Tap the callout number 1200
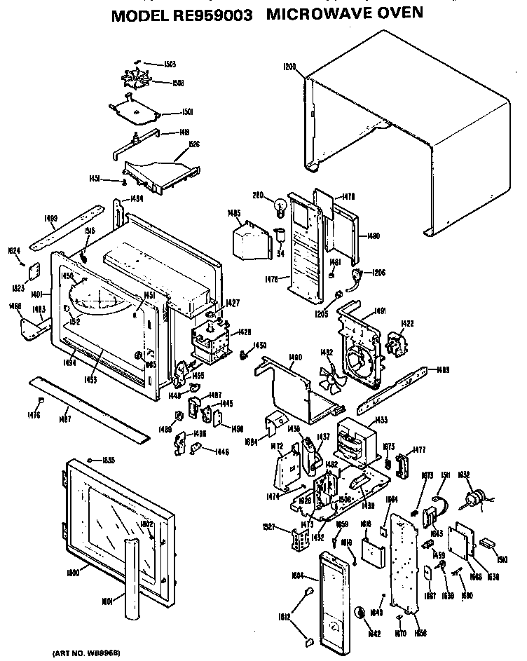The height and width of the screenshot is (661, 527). coord(289,67)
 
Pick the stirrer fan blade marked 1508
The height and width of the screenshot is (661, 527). coord(143,83)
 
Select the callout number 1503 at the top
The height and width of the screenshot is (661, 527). coord(170,64)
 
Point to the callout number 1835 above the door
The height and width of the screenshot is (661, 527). coord(109,460)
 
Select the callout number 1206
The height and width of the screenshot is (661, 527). coord(379,273)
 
